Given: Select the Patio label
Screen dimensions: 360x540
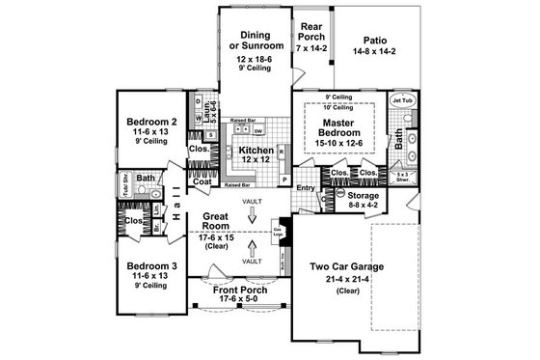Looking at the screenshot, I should point(375,40).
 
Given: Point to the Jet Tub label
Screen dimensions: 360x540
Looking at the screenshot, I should point(402,100).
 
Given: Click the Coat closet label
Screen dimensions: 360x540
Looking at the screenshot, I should point(202,181).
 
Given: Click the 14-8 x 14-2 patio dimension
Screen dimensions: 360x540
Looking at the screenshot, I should point(375,54).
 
